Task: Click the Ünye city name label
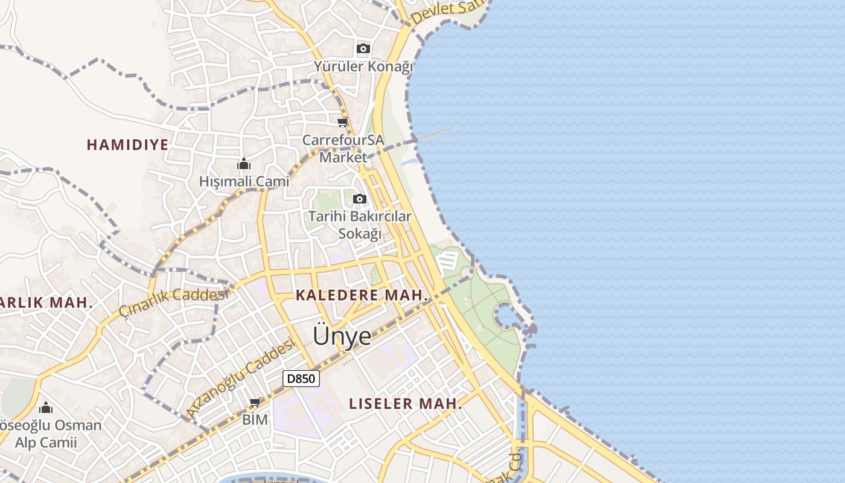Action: coord(342,336)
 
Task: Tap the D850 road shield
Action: coord(301,379)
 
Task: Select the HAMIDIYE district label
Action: coord(127,145)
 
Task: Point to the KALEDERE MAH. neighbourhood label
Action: coord(362,296)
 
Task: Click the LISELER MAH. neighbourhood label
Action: coord(406,404)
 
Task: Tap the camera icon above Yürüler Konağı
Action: coord(363,48)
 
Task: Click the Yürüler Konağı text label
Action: coord(363,66)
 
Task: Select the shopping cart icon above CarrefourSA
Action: coord(343,123)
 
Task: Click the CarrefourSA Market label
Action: coord(343,149)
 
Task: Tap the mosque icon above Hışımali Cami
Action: coord(244,164)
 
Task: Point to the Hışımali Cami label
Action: coord(244,181)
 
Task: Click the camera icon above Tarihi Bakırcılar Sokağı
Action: coord(359,199)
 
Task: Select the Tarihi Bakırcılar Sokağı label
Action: coord(360,225)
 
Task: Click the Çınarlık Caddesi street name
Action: coord(174,301)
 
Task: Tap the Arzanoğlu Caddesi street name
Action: coord(241,377)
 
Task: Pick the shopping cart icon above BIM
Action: coord(255,403)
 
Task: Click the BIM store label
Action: coord(255,420)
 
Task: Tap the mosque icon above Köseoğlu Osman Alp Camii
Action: coord(46,408)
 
